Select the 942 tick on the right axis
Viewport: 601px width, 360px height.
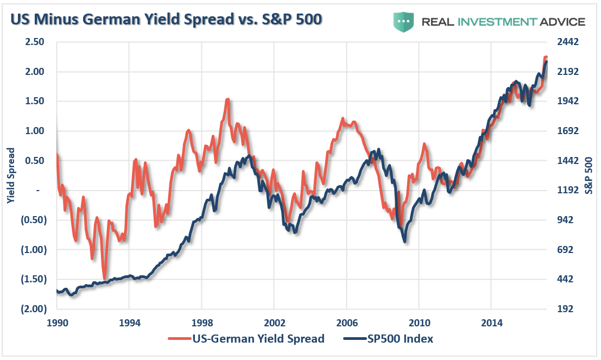562,220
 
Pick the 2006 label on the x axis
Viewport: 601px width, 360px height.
346,322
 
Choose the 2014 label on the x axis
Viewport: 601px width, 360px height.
491,322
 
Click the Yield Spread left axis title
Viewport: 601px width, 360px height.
10,175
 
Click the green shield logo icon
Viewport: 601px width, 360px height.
403,21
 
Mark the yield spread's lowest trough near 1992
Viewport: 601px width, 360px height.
104,278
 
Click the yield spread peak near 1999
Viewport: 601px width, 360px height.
227,99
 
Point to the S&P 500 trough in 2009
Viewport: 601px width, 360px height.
405,241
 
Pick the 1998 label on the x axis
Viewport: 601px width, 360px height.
201,322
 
